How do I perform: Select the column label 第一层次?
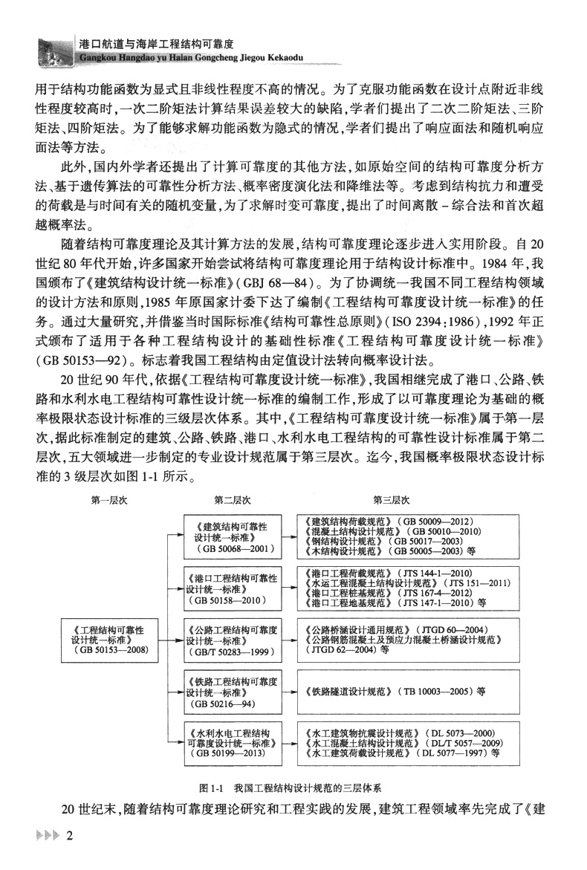109,499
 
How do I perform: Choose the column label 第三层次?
392,499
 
